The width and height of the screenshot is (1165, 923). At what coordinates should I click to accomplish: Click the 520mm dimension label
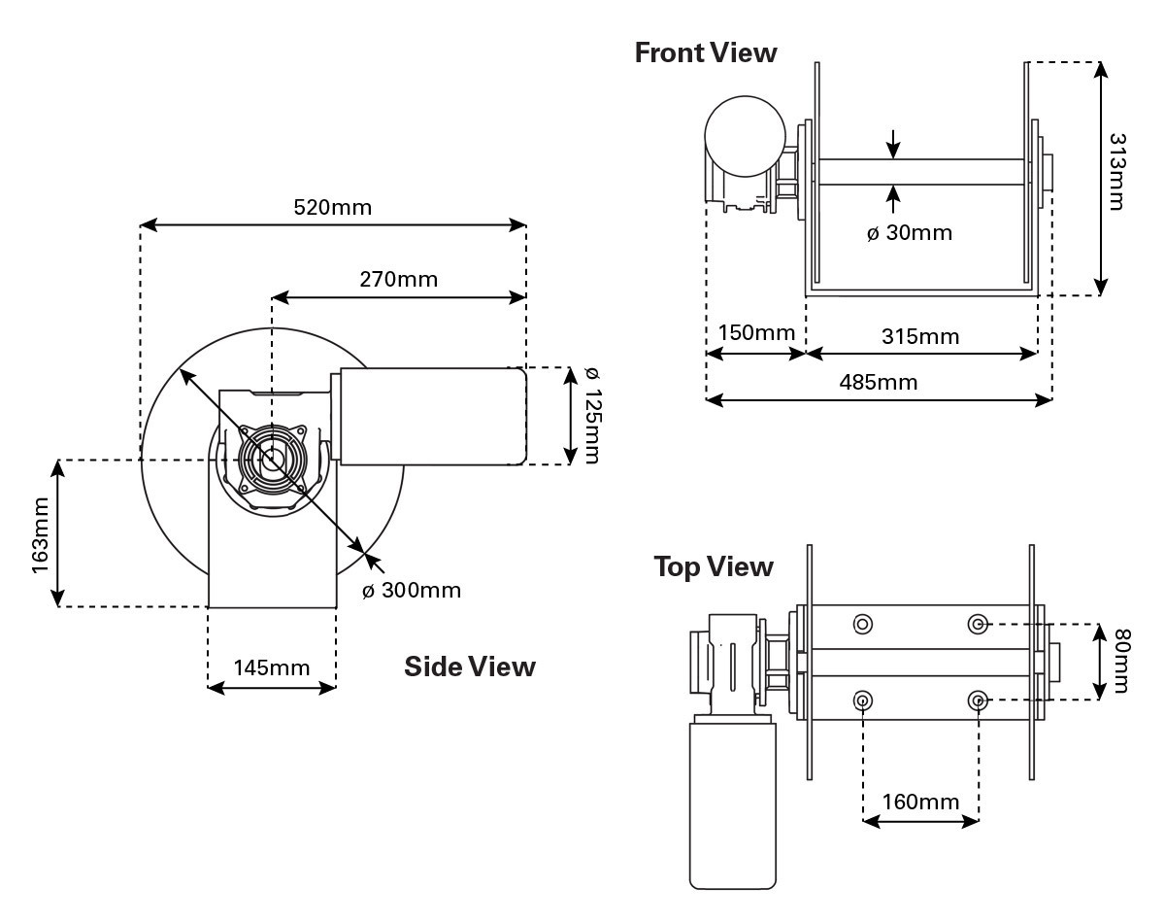(332, 207)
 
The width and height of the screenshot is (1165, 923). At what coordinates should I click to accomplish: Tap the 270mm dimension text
(398, 280)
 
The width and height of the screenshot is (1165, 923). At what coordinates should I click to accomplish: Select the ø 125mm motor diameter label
(592, 416)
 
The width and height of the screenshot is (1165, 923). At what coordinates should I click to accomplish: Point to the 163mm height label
(41, 534)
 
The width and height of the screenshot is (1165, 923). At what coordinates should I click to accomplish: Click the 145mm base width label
(271, 667)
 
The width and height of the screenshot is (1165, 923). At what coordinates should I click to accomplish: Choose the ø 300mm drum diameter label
(412, 590)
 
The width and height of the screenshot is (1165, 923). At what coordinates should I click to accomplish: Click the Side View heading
(469, 667)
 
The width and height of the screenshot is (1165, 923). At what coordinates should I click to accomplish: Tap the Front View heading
(706, 52)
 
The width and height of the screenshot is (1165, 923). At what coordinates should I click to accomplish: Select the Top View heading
(714, 565)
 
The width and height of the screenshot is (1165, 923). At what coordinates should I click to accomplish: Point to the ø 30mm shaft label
(909, 233)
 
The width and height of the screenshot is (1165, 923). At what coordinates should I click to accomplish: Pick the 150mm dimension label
(756, 333)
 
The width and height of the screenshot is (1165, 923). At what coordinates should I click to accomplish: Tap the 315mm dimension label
(919, 336)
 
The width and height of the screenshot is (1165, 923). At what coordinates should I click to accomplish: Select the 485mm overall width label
(878, 382)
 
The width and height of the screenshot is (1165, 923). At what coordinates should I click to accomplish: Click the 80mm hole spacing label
(1121, 662)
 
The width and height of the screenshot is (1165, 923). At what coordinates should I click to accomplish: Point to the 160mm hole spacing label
(920, 803)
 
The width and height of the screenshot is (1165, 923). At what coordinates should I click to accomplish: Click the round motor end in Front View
(745, 135)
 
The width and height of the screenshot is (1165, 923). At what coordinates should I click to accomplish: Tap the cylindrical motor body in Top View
(733, 802)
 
